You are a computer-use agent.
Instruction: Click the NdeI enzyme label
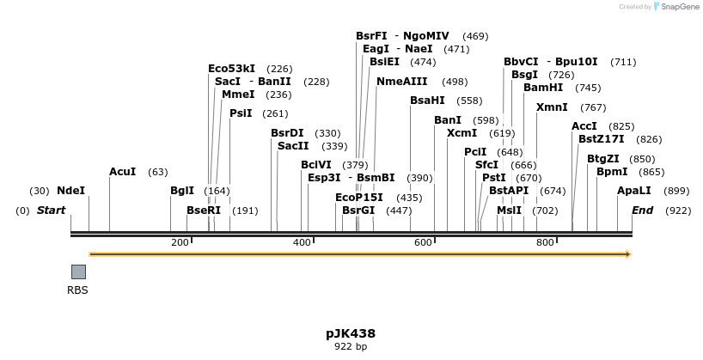(70, 191)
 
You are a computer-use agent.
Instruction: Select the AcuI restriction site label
(122, 172)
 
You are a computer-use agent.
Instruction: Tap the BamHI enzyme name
(543, 88)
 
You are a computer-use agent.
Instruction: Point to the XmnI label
(552, 107)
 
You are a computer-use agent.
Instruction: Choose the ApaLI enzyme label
(633, 191)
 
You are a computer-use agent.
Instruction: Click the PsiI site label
(241, 113)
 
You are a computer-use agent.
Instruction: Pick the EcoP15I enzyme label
(359, 198)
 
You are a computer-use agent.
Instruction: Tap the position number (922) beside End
(678, 211)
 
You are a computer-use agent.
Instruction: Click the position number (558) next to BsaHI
(469, 101)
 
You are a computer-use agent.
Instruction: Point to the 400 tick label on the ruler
(302, 243)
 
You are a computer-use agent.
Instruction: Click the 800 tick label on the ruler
(545, 243)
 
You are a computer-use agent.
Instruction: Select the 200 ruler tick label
(180, 243)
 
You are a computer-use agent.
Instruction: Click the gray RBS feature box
(78, 272)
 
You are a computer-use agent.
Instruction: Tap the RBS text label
(78, 290)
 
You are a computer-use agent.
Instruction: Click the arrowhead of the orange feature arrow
(628, 254)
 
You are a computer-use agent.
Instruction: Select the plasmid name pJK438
(351, 333)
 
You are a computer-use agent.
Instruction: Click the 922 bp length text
(351, 347)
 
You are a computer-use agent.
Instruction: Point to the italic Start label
(51, 211)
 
